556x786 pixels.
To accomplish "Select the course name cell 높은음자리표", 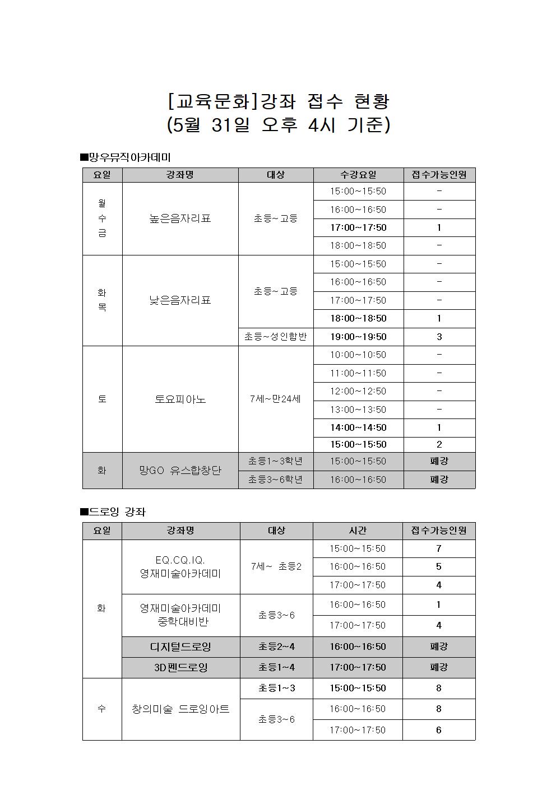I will (x=180, y=218).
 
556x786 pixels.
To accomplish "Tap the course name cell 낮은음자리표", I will (x=180, y=300).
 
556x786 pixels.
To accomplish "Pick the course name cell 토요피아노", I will (x=180, y=399).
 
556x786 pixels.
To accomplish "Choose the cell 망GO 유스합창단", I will (x=180, y=471).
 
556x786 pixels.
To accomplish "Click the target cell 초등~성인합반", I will (x=275, y=337).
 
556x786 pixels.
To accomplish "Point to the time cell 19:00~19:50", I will (x=358, y=337).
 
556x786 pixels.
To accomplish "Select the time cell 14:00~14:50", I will (x=358, y=427).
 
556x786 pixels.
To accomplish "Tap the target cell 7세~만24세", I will (x=275, y=399).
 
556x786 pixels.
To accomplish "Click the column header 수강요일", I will (x=358, y=175).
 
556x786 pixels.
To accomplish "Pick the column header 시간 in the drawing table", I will (x=358, y=531).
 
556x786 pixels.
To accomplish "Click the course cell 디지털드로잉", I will (x=180, y=647).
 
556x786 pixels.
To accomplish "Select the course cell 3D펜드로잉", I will (x=180, y=667).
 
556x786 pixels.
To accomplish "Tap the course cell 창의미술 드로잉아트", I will (x=180, y=709).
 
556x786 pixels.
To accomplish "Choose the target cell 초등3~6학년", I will (x=275, y=480).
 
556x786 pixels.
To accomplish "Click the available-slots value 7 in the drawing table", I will (x=439, y=548).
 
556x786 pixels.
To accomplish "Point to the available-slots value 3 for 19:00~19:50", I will (x=439, y=337).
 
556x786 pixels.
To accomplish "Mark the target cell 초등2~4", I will (x=276, y=647).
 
